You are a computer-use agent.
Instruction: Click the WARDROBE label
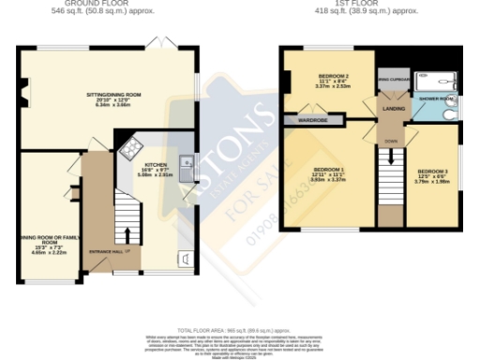[x=312, y=121]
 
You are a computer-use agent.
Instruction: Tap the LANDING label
[x=392, y=110]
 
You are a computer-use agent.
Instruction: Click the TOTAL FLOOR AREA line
[x=239, y=331]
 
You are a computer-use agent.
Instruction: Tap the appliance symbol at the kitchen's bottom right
[x=186, y=259]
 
